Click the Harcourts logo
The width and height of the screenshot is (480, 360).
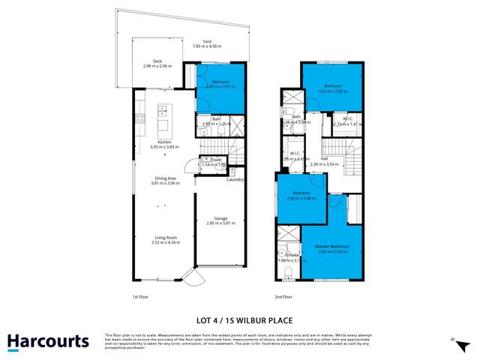[46, 342]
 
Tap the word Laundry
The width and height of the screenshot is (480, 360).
[236, 178]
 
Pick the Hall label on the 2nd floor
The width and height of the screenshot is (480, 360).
[324, 159]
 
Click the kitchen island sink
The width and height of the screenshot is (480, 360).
[161, 112]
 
